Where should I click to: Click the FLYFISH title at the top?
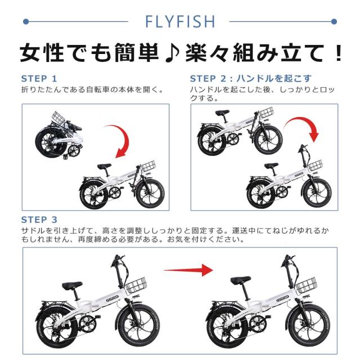180,21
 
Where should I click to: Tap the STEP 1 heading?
39,79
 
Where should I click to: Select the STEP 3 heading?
39,220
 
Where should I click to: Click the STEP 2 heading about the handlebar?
250,79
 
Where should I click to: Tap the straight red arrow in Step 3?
188,270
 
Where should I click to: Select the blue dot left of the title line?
26,22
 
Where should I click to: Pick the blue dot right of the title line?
334,22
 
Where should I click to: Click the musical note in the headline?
172,53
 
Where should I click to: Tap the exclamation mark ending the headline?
339,53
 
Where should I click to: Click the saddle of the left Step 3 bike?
72,285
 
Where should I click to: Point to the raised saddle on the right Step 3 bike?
241,280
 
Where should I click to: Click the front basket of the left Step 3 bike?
136,285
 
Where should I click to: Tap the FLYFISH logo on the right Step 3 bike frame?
282,299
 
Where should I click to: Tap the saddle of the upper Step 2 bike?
222,112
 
